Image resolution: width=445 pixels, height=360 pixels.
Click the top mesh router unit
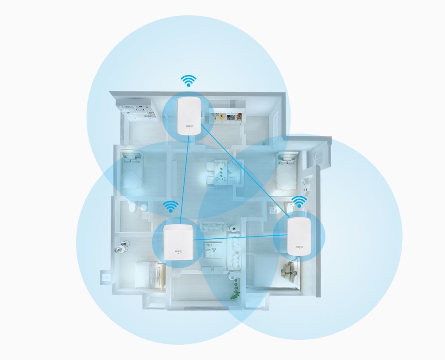click(x=189, y=115)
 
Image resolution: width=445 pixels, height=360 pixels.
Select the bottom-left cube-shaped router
click(x=178, y=243)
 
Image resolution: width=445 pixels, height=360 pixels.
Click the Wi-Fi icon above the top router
click(x=189, y=81)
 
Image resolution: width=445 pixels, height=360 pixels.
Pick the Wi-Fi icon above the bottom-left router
click(x=171, y=207)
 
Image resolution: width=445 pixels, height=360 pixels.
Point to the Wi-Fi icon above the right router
click(x=299, y=202)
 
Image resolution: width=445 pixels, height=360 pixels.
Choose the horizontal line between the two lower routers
click(x=239, y=238)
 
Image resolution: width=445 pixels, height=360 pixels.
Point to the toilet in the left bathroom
click(x=131, y=208)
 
